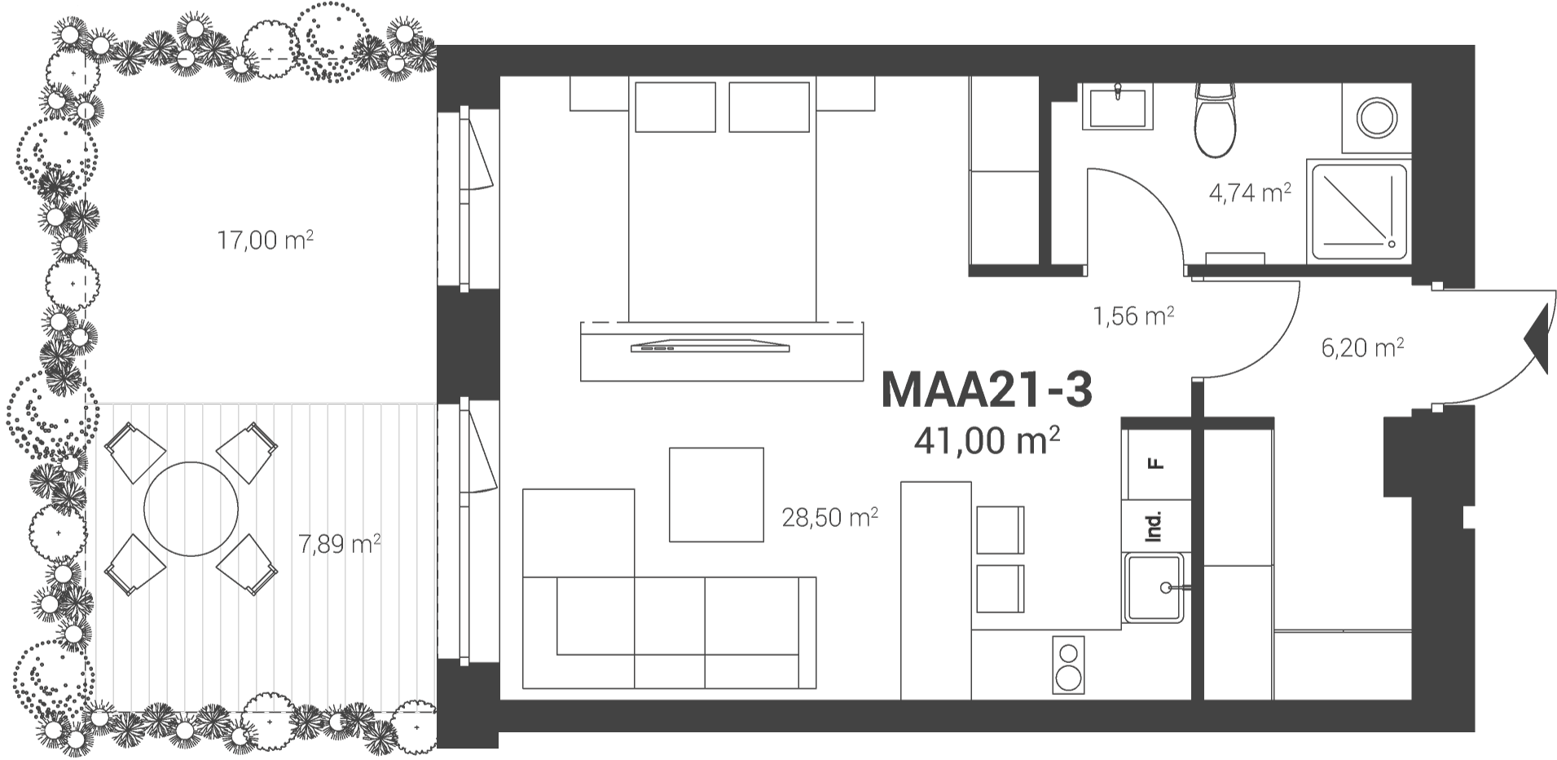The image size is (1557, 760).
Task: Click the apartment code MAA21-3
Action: tap(986, 390)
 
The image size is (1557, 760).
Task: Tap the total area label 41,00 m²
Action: tap(986, 440)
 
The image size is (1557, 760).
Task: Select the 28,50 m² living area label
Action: tap(829, 517)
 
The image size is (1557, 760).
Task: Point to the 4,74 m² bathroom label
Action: tap(1250, 193)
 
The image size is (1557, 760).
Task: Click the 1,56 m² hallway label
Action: tap(1133, 316)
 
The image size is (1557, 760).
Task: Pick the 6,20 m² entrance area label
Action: tap(1362, 348)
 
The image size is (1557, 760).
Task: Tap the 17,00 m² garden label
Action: tap(265, 241)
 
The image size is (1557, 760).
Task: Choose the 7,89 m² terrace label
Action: tap(339, 543)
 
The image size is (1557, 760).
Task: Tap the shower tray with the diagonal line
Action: tap(1358, 211)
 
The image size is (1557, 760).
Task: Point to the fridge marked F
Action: tap(1155, 464)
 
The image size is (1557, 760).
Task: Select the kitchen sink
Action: tap(1155, 587)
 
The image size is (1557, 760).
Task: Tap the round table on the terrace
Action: tap(191, 509)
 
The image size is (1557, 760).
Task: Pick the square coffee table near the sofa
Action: tap(716, 494)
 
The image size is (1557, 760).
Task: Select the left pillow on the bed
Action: tap(675, 106)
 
